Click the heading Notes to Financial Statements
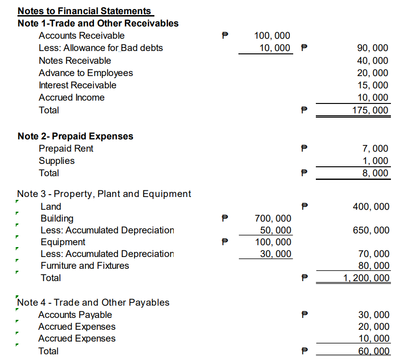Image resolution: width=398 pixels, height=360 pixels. pos(85,11)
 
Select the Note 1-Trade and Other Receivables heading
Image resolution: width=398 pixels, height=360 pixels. pos(98,23)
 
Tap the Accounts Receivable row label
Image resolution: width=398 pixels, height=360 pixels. pos(82,35)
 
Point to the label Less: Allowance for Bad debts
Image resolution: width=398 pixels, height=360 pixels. pos(101,48)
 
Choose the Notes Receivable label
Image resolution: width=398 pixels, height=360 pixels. pos(75,60)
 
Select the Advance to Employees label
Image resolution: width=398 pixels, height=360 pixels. pos(86,73)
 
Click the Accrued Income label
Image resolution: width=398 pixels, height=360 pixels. pos(72,97)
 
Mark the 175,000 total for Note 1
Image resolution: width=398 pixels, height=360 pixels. pos(371,111)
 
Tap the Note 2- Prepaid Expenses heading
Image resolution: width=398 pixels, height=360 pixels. pos(76,136)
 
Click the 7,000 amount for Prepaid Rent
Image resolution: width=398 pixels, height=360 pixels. pos(376,148)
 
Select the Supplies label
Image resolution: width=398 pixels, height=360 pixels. pos(57,161)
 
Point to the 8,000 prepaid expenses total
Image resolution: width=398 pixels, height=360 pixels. pos(376,173)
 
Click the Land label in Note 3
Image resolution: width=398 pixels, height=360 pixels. pos(51,206)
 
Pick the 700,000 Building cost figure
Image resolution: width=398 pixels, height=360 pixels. pos(273,218)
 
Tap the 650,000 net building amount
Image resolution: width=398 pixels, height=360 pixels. pos(371,230)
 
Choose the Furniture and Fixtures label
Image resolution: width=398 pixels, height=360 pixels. pos(85,266)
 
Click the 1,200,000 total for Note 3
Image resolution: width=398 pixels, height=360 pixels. pos(367,278)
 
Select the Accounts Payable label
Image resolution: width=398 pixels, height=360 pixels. pos(75,315)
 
